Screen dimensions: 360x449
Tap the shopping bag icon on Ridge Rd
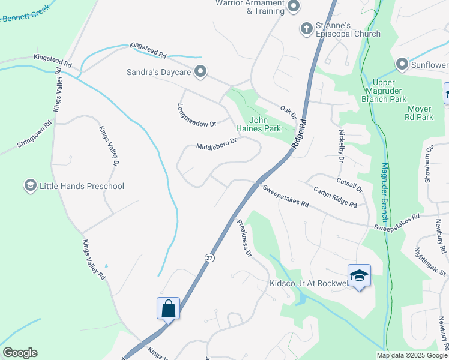[169, 308]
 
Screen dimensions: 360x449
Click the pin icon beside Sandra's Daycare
[200, 73]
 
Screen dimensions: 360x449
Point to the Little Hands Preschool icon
[30, 186]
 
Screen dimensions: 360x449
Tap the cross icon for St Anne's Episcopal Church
[306, 28]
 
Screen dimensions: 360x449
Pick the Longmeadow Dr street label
[196, 115]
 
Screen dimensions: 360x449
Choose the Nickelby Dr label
[341, 147]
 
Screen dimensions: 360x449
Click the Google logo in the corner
[20, 353]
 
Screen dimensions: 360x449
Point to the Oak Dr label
[289, 112]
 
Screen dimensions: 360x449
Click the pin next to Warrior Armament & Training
[294, 7]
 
